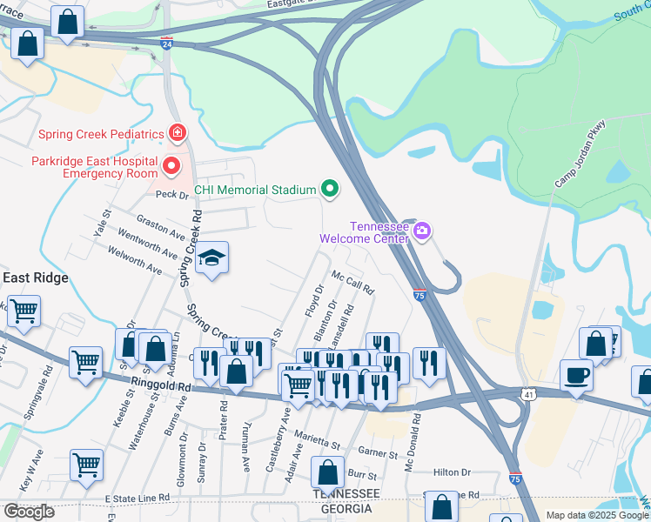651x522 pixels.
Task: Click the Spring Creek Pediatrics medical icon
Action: tap(178, 134)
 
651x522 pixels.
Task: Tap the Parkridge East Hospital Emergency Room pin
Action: tap(171, 165)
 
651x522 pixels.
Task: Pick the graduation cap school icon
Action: tap(211, 258)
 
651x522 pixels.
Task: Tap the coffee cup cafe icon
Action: tap(576, 376)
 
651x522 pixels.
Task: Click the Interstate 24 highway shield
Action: tap(166, 41)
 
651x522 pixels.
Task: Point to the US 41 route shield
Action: tap(529, 394)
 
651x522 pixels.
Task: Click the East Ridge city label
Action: tap(35, 278)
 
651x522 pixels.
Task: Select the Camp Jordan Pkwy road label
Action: tap(580, 155)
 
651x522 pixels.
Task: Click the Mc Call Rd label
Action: tap(352, 281)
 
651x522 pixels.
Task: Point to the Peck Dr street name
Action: tap(172, 196)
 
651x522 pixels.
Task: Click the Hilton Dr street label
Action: tap(452, 472)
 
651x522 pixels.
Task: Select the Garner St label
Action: tap(378, 453)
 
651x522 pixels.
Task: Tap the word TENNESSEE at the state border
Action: tap(346, 493)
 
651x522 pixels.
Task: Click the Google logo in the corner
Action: tap(29, 512)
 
